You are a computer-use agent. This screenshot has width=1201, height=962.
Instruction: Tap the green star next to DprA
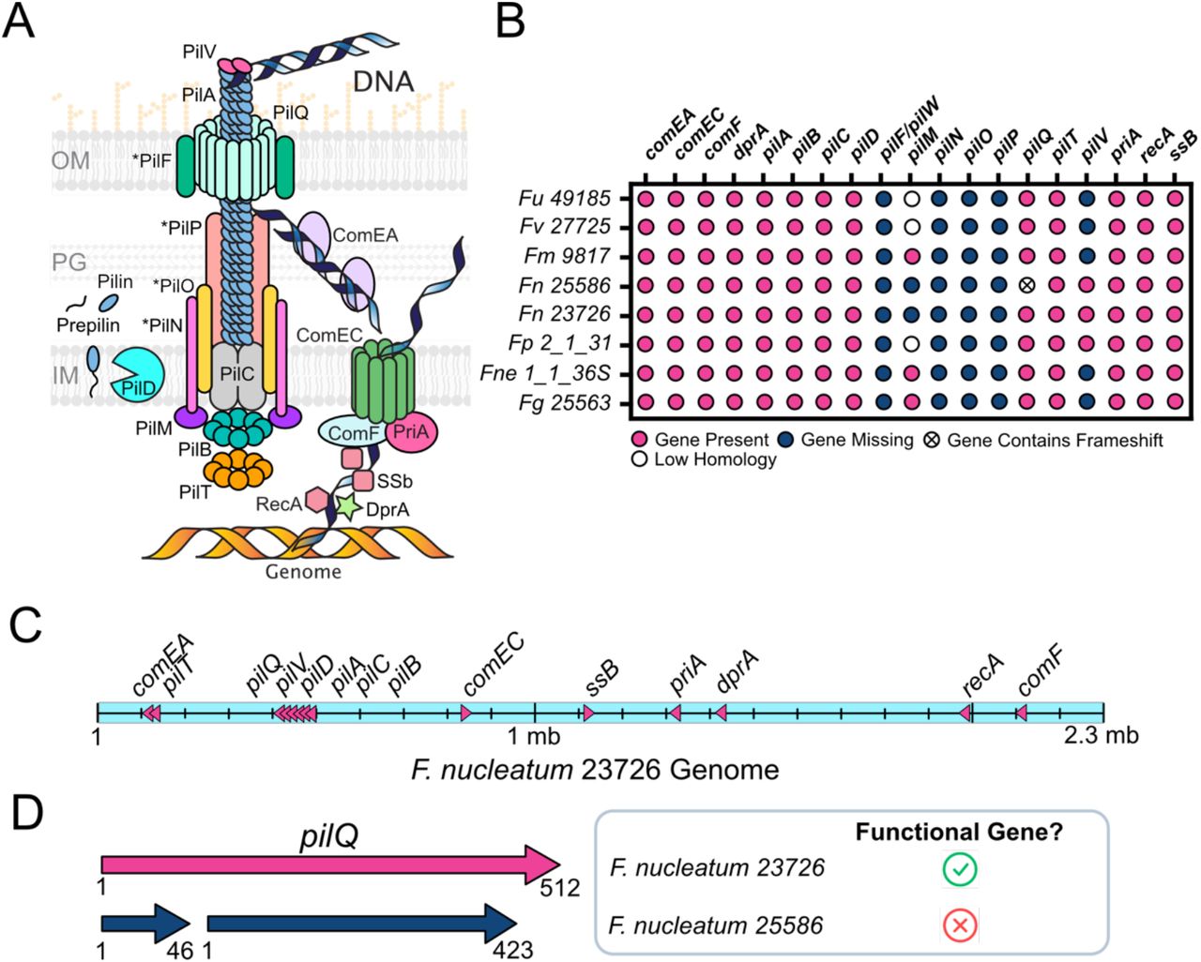point(349,507)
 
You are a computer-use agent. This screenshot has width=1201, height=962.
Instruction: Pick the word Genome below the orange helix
point(303,571)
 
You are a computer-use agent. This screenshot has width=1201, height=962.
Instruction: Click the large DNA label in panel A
point(383,82)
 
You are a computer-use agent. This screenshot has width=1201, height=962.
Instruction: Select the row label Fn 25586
point(564,285)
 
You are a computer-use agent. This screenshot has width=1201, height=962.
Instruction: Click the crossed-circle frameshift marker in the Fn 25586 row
point(1028,285)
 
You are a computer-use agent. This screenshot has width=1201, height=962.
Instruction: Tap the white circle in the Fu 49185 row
point(911,199)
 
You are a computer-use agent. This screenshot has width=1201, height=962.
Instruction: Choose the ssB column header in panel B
point(1184,145)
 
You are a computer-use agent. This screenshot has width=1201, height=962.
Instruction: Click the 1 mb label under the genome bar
point(535,736)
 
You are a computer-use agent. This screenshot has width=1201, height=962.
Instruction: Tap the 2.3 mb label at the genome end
point(1101,736)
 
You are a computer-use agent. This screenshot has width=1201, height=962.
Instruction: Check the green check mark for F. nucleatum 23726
point(959,868)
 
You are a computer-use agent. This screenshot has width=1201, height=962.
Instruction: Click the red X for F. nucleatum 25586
point(959,926)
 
